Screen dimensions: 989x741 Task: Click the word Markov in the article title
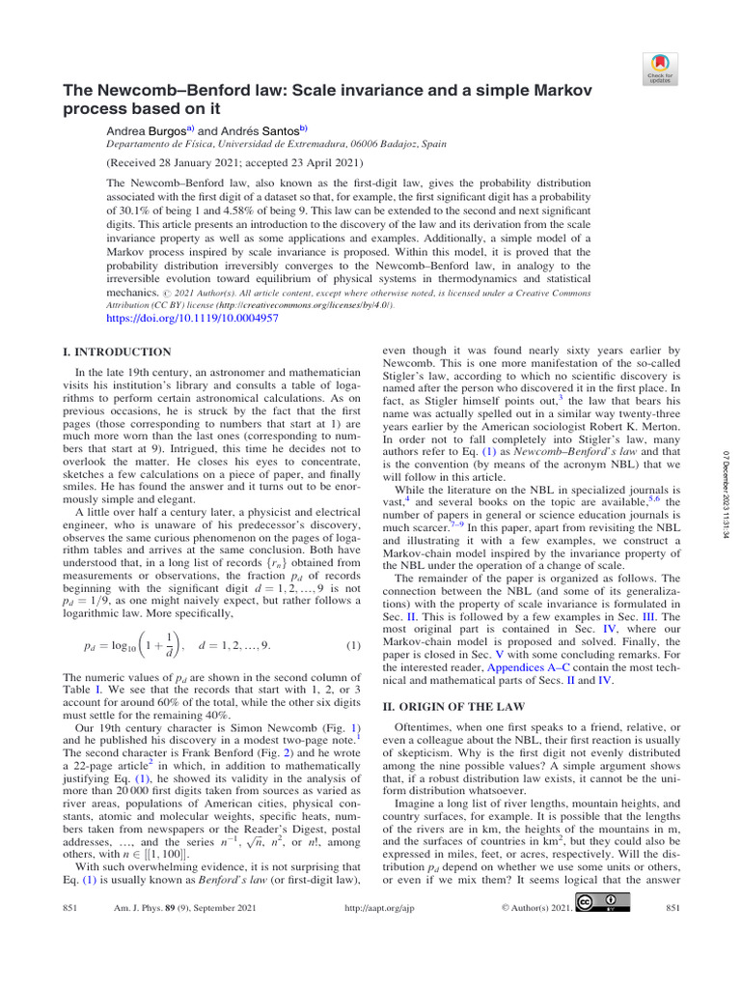(x=535, y=88)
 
